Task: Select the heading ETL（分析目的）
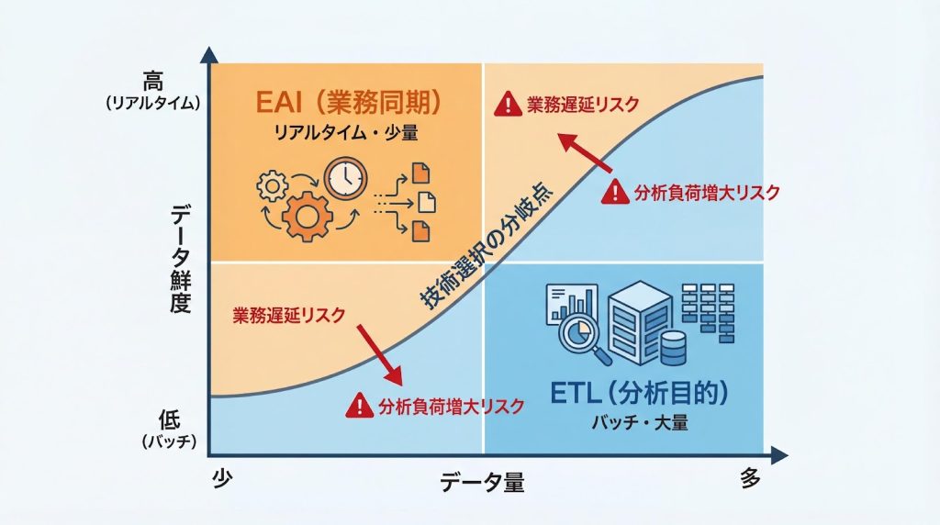click(640, 393)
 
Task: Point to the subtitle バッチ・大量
click(641, 424)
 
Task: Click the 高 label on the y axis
click(152, 81)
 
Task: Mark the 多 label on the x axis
click(751, 478)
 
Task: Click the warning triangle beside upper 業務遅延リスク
click(505, 104)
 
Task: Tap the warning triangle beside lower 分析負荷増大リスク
click(361, 406)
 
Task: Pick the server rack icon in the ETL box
click(634, 317)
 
